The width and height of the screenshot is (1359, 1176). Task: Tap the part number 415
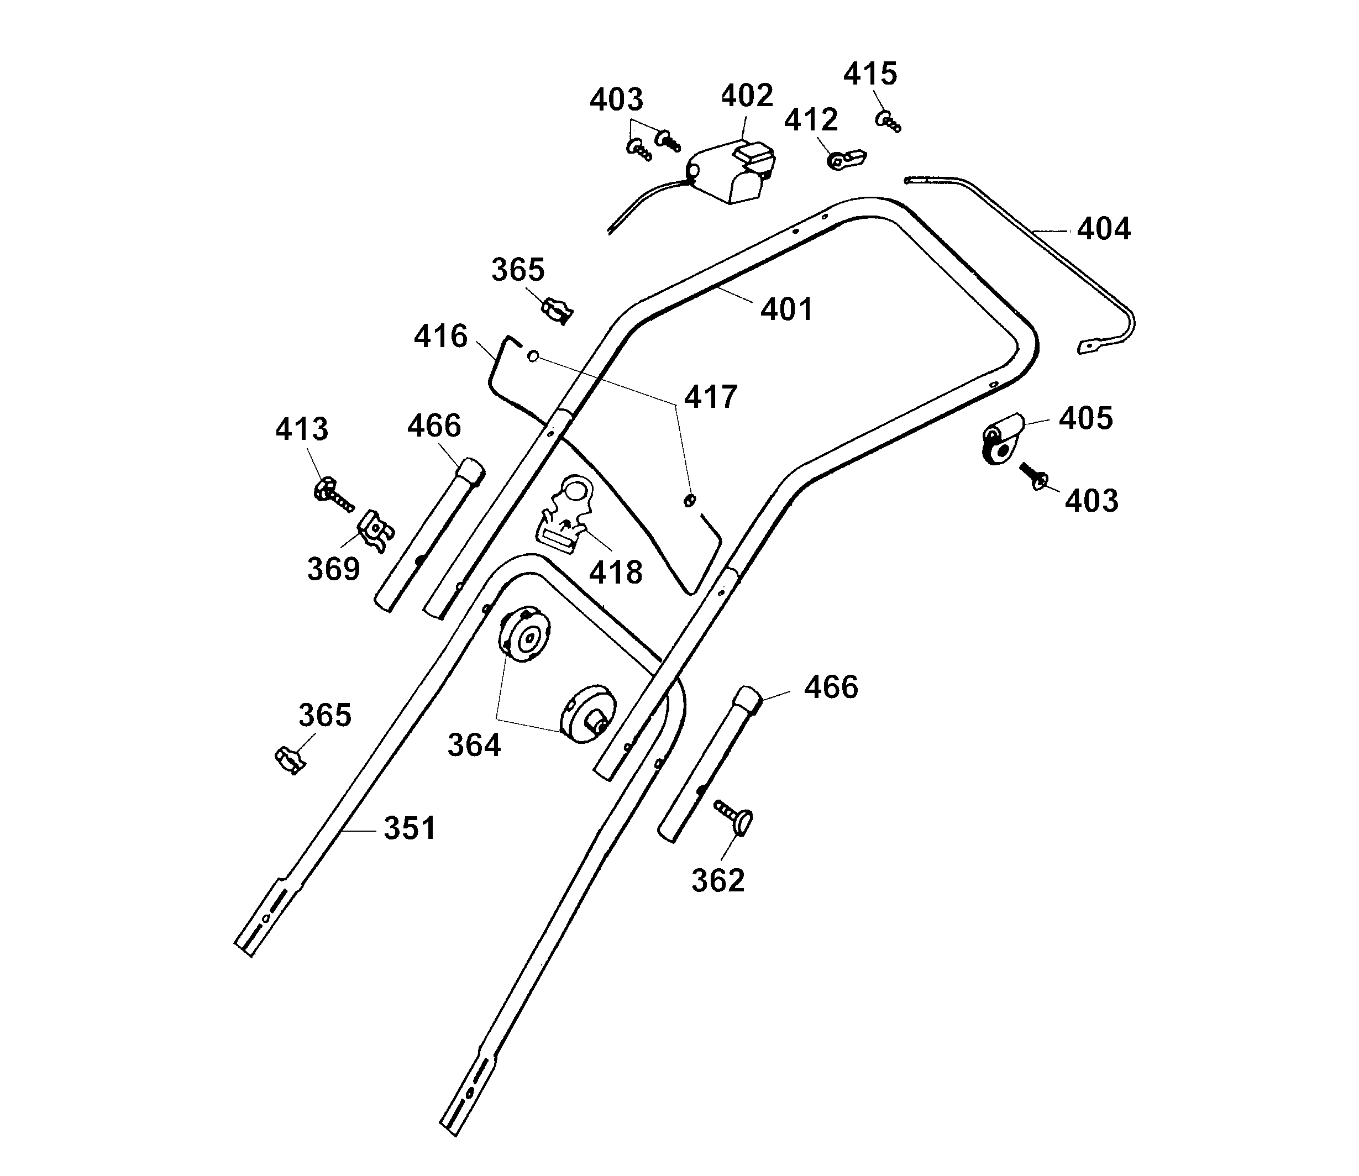pos(869,73)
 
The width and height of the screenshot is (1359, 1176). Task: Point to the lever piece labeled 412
pos(847,159)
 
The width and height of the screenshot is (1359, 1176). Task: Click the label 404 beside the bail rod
pos(1104,229)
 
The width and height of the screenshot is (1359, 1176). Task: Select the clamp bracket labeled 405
pos(1001,438)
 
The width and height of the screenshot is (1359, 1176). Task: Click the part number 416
pos(440,337)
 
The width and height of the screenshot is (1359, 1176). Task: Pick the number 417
pos(711,397)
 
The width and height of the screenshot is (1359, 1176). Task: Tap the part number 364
pos(474,746)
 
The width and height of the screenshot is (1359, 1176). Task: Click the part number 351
pos(410,828)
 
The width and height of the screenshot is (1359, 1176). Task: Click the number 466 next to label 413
pos(434,426)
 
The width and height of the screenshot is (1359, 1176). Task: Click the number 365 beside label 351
pos(325,715)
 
